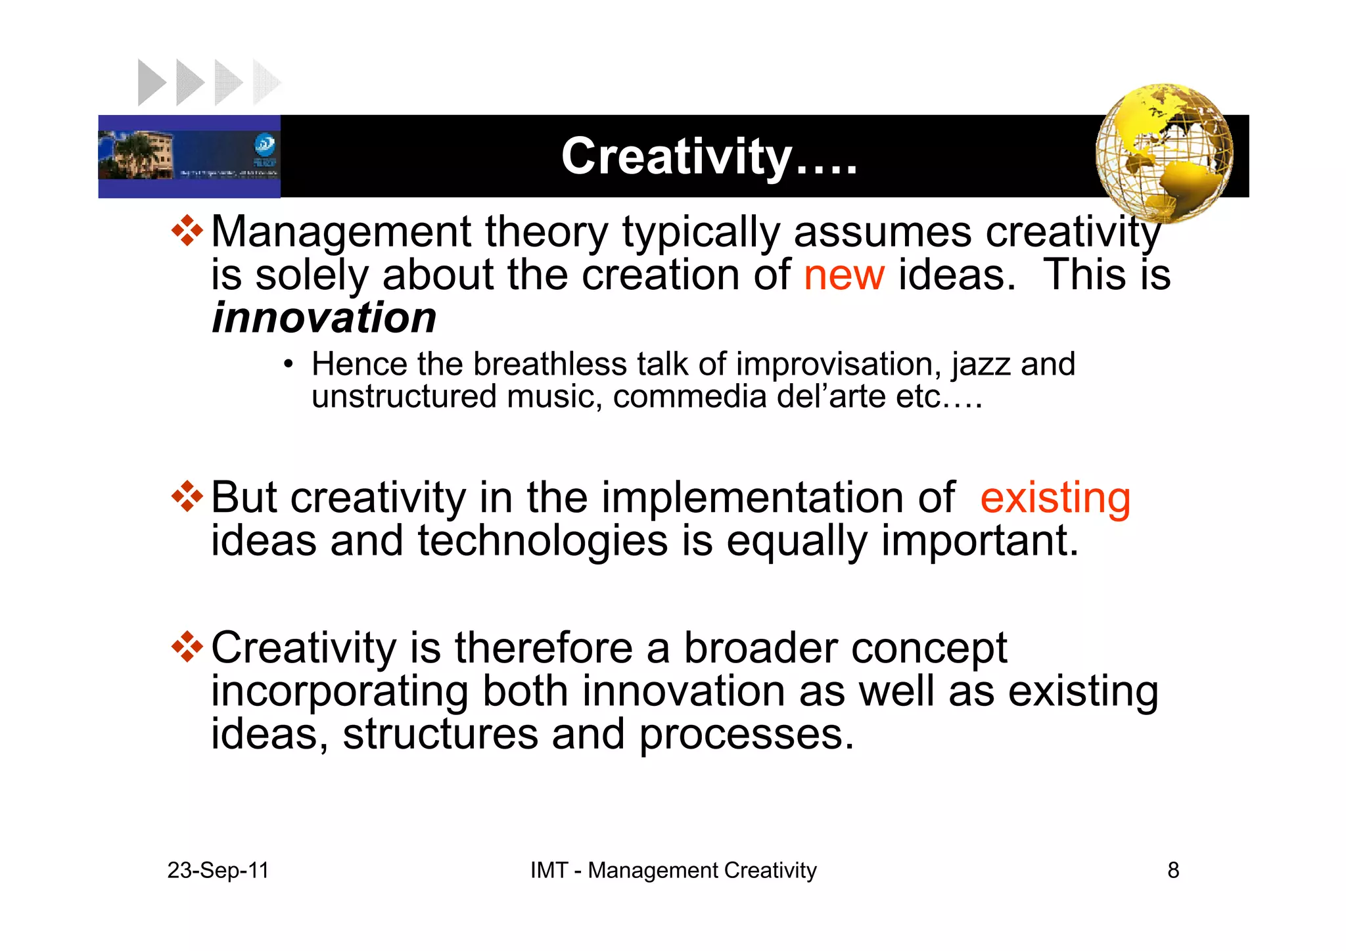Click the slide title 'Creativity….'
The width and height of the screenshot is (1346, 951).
(709, 156)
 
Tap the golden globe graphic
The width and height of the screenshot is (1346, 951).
(1164, 152)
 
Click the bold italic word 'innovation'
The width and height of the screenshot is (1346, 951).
(324, 318)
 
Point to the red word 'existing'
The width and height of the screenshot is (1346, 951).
(1055, 498)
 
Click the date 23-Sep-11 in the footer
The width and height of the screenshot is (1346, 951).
(218, 870)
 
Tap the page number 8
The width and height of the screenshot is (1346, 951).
(1173, 870)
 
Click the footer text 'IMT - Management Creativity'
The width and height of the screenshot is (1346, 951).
(673, 870)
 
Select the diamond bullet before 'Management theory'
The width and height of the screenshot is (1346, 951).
(187, 231)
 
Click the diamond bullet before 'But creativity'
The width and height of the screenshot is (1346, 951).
(187, 497)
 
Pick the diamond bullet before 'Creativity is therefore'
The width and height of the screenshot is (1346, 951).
(187, 647)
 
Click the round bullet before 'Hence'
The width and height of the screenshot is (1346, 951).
(288, 365)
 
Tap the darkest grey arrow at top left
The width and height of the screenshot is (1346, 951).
(151, 83)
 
